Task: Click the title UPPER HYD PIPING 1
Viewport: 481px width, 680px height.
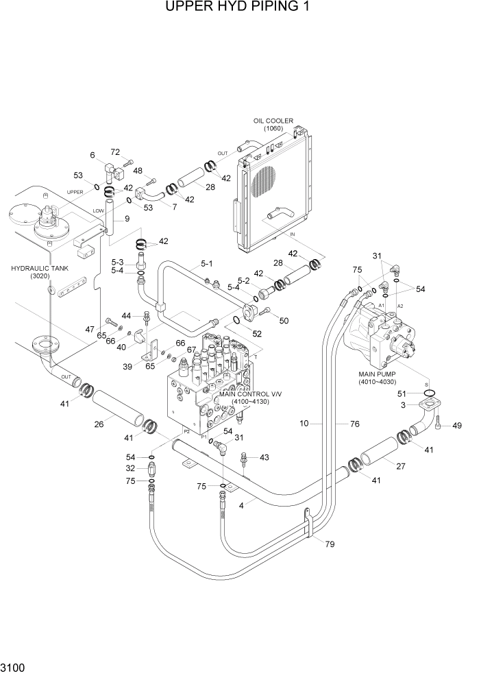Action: click(x=240, y=8)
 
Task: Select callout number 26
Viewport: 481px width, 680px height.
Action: click(x=99, y=424)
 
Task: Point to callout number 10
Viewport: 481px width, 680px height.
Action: click(x=305, y=424)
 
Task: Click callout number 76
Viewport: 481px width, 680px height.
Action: click(x=354, y=424)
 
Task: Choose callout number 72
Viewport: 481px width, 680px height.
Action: click(x=114, y=151)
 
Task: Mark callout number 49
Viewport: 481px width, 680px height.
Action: click(x=457, y=426)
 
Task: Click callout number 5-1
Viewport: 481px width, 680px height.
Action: click(x=207, y=263)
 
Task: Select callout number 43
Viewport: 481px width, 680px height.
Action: click(x=264, y=457)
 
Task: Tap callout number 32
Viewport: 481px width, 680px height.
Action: click(x=129, y=469)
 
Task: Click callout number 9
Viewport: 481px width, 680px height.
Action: click(x=127, y=219)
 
